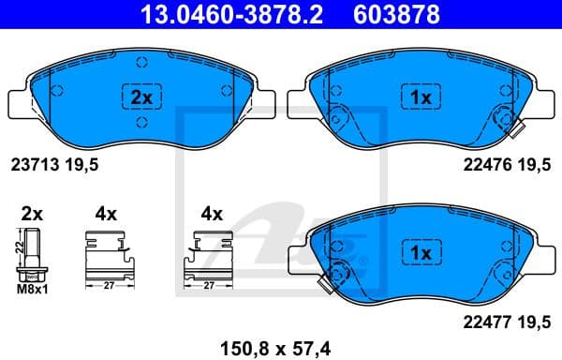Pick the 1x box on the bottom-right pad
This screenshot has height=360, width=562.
[420, 254]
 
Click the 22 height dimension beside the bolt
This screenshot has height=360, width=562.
[18, 248]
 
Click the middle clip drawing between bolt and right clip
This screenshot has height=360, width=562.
[110, 253]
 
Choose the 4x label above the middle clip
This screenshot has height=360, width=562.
[105, 213]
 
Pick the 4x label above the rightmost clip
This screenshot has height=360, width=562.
[214, 213]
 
